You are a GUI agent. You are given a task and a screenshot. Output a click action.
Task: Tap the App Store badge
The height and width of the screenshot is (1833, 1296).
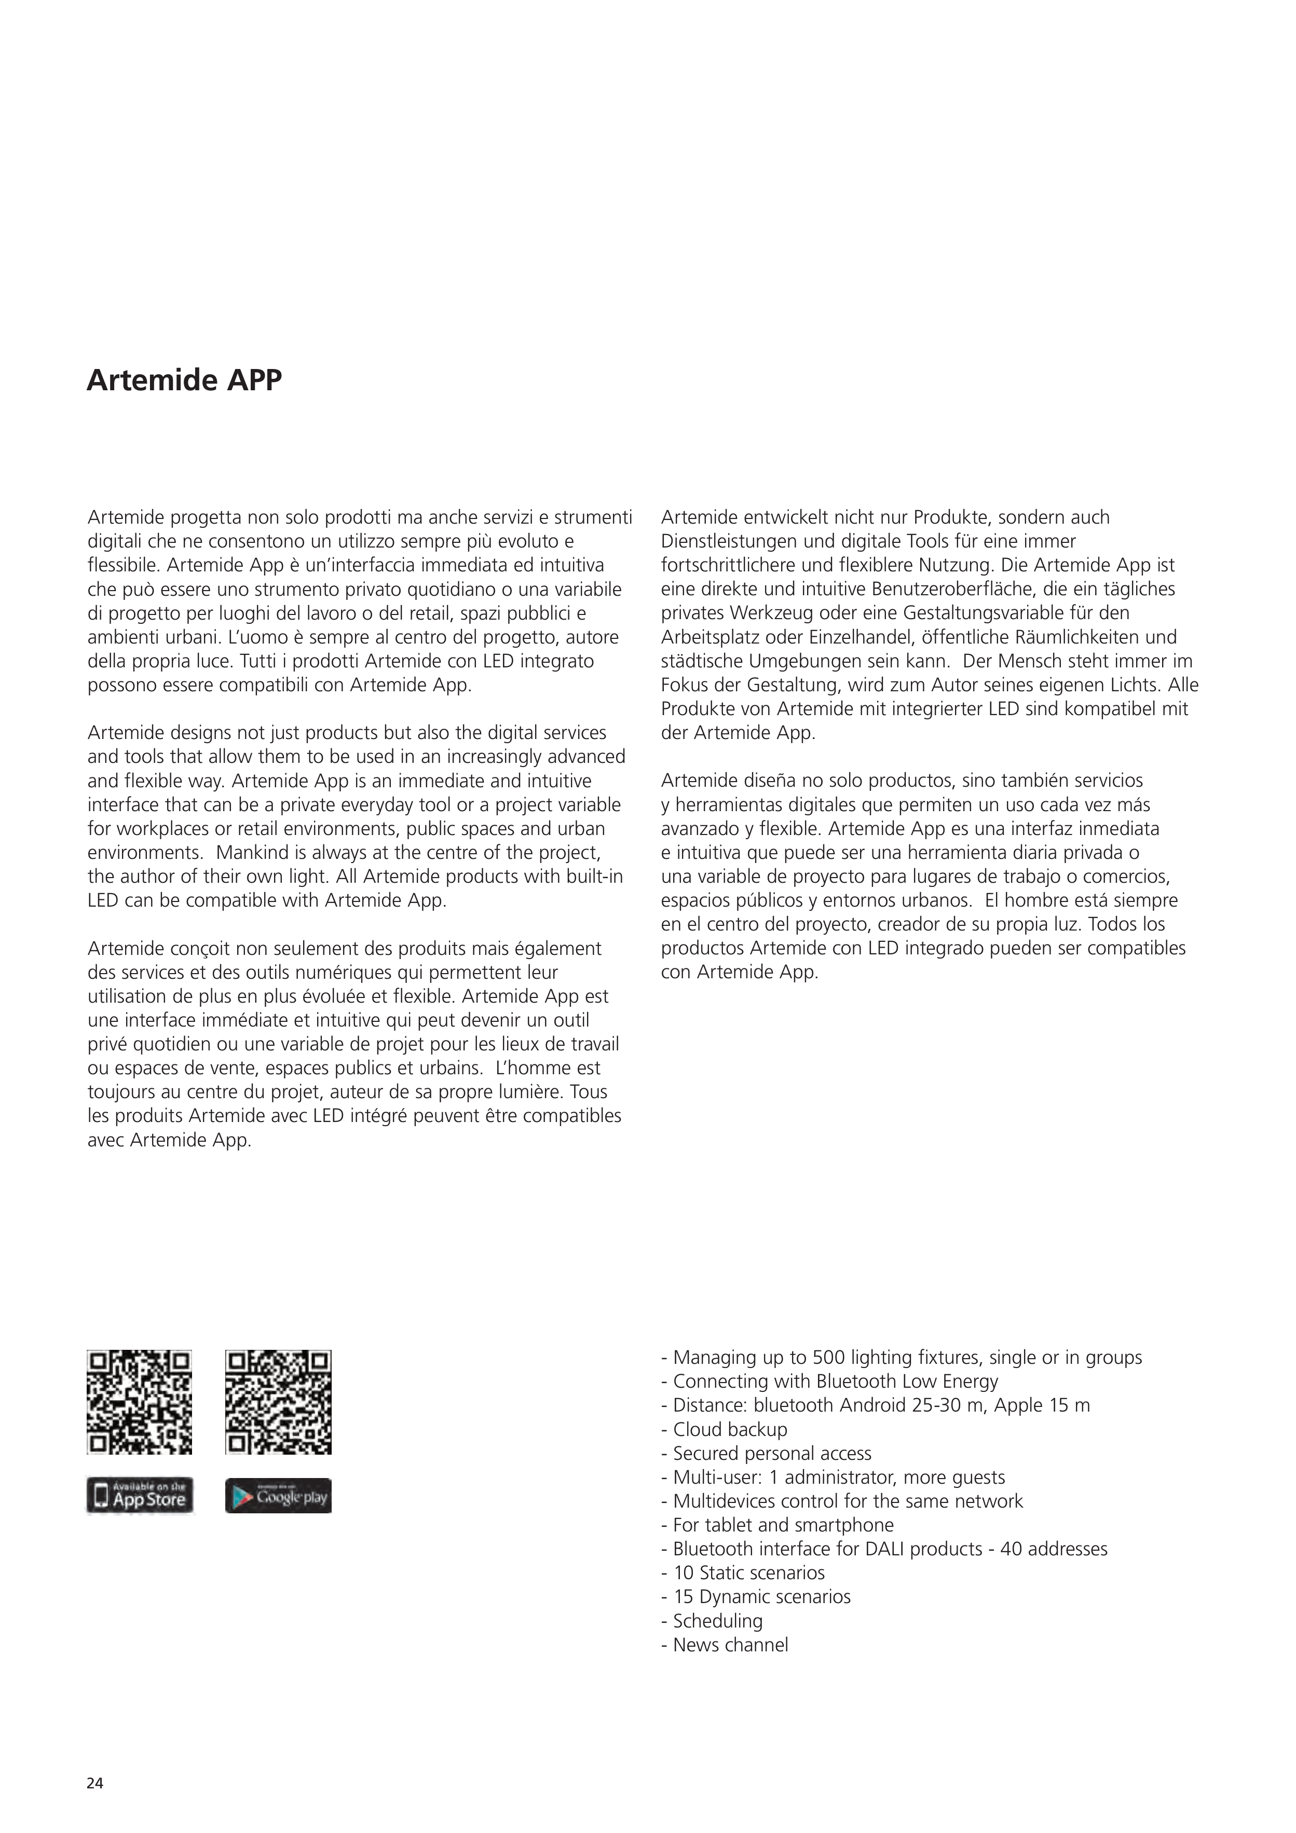140,1495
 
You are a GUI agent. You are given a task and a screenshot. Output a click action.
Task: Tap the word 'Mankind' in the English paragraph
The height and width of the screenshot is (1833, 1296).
248,853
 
